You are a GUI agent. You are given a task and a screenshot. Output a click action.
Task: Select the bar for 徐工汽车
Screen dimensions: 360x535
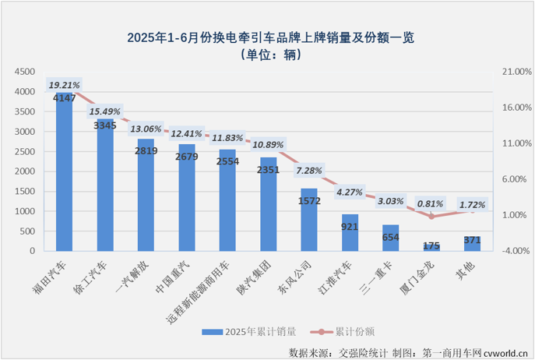click(x=105, y=191)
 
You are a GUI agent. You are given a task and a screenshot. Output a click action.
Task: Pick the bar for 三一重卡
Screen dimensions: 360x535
click(x=391, y=238)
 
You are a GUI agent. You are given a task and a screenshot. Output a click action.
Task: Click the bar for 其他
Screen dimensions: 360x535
click(x=473, y=244)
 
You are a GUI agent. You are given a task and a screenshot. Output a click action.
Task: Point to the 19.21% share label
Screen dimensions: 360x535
click(x=65, y=84)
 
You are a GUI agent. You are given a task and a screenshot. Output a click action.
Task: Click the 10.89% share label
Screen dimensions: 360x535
click(x=269, y=144)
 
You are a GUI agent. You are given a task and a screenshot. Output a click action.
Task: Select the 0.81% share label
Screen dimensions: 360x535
click(x=431, y=204)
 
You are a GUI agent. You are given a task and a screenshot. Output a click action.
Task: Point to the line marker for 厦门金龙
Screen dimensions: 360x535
click(x=431, y=216)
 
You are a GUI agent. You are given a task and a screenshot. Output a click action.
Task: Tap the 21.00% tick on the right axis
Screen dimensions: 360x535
click(x=512, y=72)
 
